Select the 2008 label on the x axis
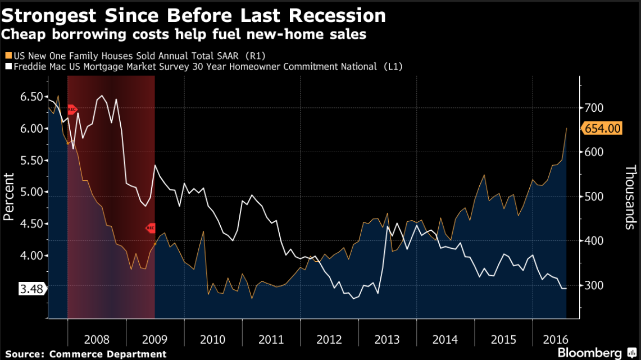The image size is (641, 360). point(97,340)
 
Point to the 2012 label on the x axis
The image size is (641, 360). point(329,340)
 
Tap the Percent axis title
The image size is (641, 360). point(8,197)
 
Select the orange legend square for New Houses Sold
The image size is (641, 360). point(7,56)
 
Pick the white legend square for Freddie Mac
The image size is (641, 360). point(7,66)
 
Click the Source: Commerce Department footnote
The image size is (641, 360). point(86,353)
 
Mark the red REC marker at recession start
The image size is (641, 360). point(71,110)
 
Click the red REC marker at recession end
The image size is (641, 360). point(150,227)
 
